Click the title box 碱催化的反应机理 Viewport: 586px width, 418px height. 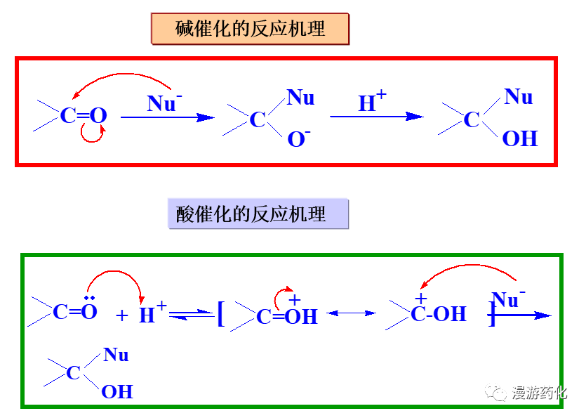coord(250,29)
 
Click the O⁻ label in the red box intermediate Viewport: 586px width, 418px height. coord(298,139)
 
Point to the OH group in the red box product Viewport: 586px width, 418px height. coord(519,138)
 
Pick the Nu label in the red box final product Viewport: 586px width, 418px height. coord(519,97)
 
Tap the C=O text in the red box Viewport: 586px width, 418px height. coord(83,116)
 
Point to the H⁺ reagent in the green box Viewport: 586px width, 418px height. coord(152,314)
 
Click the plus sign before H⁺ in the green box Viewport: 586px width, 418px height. coord(122,315)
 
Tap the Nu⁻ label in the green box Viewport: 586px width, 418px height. coord(509,300)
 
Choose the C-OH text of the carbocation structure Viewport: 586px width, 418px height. coord(439,314)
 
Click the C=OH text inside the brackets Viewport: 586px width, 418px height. coord(287,317)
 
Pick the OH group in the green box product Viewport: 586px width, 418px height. coord(117,391)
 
